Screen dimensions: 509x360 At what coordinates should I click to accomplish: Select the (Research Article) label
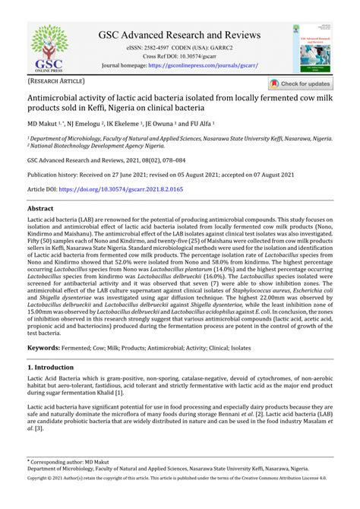click(57, 80)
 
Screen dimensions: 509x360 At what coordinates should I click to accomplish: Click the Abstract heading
click(40, 207)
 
